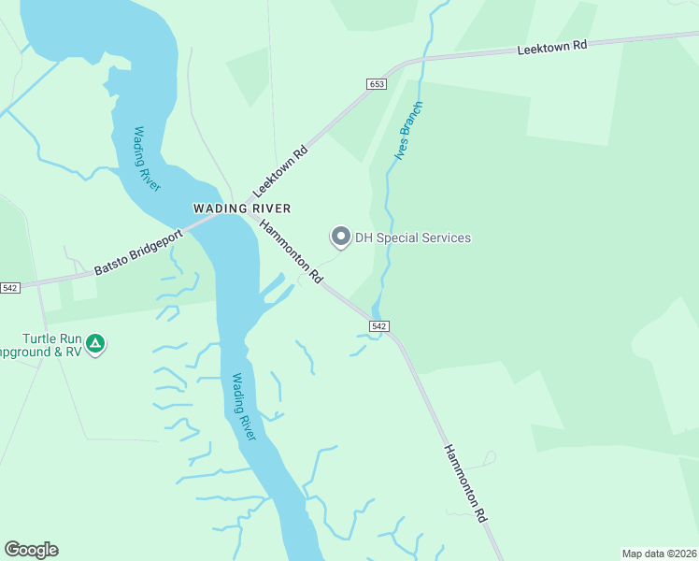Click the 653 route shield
[x=376, y=84]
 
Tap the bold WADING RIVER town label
[x=242, y=209]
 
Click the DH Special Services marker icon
[x=341, y=237]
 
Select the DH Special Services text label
[x=412, y=237]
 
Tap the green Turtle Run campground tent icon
[x=94, y=344]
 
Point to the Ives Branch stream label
[x=408, y=131]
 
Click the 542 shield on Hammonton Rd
[x=378, y=325]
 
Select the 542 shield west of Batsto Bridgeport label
[x=10, y=287]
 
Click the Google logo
[x=31, y=550]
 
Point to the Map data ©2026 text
[x=659, y=553]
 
